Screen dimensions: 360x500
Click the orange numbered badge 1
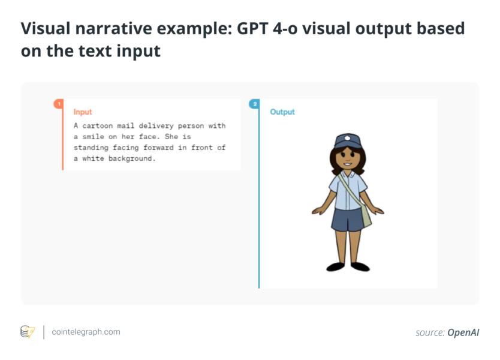pyautogui.click(x=58, y=104)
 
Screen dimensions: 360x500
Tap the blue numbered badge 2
pyautogui.click(x=254, y=104)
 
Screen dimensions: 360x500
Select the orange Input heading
pyautogui.click(x=83, y=112)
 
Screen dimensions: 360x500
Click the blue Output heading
pyautogui.click(x=282, y=112)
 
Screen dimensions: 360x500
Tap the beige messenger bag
pyautogui.click(x=365, y=214)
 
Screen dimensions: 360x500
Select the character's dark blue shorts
pyautogui.click(x=348, y=218)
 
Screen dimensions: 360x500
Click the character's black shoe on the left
pyautogui.click(x=335, y=266)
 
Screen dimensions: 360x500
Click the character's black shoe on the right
pyautogui.click(x=360, y=266)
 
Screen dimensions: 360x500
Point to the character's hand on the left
pyautogui.click(x=317, y=211)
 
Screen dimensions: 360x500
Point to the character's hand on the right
pyautogui.click(x=379, y=211)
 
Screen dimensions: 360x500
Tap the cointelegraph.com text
pyautogui.click(x=86, y=332)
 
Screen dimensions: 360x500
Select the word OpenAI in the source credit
pyautogui.click(x=463, y=332)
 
